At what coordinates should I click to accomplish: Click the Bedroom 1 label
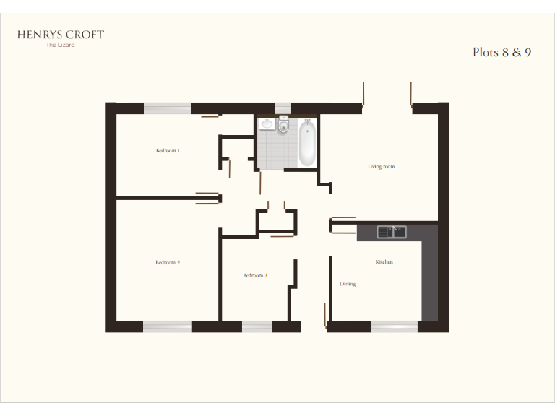point(168,151)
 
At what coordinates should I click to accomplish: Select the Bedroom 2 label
point(168,262)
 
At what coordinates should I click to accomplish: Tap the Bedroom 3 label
point(255,275)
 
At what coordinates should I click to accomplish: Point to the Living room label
point(381,167)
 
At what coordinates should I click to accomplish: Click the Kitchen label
point(384,261)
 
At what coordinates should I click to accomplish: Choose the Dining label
point(348,284)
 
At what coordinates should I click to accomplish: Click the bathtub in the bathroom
point(307,142)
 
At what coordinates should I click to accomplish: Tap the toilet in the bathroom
point(283,127)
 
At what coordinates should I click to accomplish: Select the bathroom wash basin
point(267,125)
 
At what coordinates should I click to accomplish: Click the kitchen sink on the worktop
point(391,232)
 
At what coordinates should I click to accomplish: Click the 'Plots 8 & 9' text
point(502,52)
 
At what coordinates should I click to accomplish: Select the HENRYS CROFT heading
point(61,35)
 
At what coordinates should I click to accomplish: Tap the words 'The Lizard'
point(60,45)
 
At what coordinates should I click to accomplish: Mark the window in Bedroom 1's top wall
point(167,108)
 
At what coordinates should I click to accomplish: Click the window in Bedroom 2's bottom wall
point(167,326)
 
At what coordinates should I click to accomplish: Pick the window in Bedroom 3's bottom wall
point(257,326)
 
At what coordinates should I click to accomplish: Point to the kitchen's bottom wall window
point(395,326)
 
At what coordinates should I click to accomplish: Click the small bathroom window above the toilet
point(283,108)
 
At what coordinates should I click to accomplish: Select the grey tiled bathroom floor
point(277,152)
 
